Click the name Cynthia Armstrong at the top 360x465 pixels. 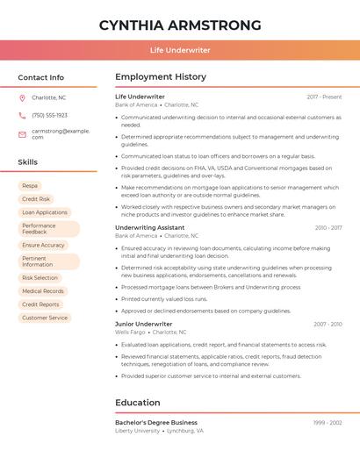point(180,25)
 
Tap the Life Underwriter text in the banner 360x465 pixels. point(180,50)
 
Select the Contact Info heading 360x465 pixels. point(41,77)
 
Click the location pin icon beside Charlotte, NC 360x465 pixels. point(22,97)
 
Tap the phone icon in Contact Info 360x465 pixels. point(22,115)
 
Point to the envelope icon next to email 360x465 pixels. point(22,133)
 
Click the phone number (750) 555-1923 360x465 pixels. point(49,115)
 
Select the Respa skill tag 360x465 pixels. point(30,186)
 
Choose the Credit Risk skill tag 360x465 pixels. point(36,199)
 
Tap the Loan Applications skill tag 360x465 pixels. point(45,212)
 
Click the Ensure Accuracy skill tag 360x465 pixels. point(43,246)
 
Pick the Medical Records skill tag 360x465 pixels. point(43,291)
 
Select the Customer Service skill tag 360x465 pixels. point(45,318)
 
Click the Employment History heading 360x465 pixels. point(161,77)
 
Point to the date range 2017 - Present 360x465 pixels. point(324,97)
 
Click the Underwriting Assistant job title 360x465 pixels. point(150,227)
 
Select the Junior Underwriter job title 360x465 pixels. point(144,324)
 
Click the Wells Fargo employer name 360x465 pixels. point(130,333)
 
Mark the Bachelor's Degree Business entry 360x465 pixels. point(156,422)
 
